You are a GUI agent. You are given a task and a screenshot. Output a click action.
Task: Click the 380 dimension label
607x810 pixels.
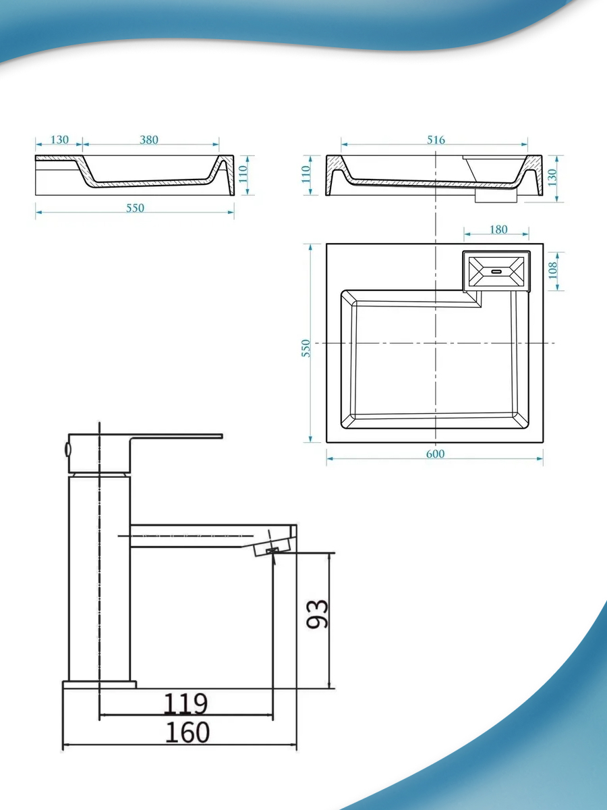[x=149, y=140]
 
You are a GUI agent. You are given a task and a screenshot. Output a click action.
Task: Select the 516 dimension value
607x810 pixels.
[x=436, y=140]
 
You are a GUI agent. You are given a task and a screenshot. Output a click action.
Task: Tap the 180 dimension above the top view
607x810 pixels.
[x=498, y=230]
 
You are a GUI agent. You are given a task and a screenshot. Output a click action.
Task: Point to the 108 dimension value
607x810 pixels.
[x=553, y=271]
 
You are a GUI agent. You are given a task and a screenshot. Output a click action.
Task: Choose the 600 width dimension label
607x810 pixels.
[x=435, y=454]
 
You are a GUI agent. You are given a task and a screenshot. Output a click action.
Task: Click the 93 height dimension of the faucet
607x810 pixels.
[x=317, y=614]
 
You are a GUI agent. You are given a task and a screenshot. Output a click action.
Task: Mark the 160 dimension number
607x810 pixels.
[x=187, y=732]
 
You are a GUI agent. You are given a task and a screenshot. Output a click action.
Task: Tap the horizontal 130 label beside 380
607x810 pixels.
[x=59, y=140]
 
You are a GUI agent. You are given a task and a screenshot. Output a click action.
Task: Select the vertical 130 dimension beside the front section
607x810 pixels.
[x=552, y=178]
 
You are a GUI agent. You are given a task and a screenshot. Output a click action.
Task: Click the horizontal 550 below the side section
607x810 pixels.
[x=136, y=208]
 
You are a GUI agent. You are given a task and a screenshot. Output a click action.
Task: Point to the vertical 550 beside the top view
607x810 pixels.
[x=306, y=348]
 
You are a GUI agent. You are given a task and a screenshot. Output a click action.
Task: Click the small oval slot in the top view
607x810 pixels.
[x=496, y=271]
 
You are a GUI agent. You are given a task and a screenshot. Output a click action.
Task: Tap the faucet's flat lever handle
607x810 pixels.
[x=176, y=437]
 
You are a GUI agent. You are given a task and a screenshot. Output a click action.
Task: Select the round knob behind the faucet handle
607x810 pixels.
[x=67, y=449]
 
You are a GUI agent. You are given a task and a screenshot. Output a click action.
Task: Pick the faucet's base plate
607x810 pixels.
[x=100, y=684]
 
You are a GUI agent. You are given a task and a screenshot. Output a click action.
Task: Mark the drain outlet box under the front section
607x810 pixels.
[x=496, y=196]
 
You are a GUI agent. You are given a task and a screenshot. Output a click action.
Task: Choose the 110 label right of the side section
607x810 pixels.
[x=243, y=175]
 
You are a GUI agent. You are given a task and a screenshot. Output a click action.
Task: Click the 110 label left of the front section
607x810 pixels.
[x=306, y=175]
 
